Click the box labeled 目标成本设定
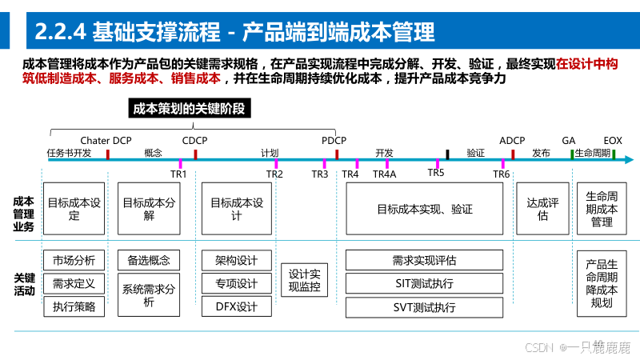pyautogui.click(x=74, y=209)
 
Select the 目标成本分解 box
pyautogui.click(x=149, y=209)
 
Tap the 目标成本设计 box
pyautogui.click(x=237, y=209)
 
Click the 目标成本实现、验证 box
pyautogui.click(x=424, y=209)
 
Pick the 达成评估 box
pyautogui.click(x=542, y=209)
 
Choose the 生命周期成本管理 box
pyautogui.click(x=602, y=209)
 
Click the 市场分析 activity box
pyautogui.click(x=74, y=260)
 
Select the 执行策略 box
pyautogui.click(x=74, y=306)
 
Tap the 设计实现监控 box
pyautogui.click(x=304, y=280)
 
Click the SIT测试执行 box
pyautogui.click(x=424, y=283)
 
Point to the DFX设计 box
pyautogui.click(x=237, y=306)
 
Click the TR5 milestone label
pyautogui.click(x=436, y=172)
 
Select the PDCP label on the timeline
pyautogui.click(x=334, y=141)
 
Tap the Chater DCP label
pyautogui.click(x=106, y=141)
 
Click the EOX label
pyautogui.click(x=613, y=141)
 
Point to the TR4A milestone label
pyautogui.click(x=384, y=174)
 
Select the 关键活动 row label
pyautogui.click(x=24, y=284)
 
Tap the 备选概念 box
pyautogui.click(x=149, y=260)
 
